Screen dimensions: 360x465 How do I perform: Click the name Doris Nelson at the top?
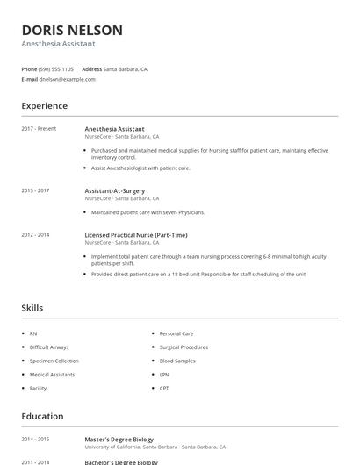[x=72, y=30]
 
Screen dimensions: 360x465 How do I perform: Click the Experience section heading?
[x=44, y=106]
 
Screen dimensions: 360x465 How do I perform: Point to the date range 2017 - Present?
[x=39, y=129]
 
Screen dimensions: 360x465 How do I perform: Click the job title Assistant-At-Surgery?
[x=115, y=190]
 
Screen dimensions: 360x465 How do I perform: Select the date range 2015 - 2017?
[x=35, y=190]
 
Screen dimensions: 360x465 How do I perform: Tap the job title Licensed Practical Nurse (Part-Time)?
[x=135, y=235]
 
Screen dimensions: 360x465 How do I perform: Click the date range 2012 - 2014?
[x=35, y=235]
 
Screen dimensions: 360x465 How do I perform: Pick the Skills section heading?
[x=32, y=308]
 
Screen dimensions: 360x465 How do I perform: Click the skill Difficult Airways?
[x=48, y=347]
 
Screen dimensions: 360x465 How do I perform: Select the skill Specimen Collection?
[x=54, y=361]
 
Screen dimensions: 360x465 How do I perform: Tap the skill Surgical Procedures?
[x=184, y=347]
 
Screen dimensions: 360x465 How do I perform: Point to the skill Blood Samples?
[x=177, y=361]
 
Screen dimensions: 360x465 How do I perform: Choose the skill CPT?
[x=164, y=387]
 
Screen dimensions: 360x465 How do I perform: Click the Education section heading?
[x=42, y=417]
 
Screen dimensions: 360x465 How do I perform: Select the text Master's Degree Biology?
[x=119, y=440]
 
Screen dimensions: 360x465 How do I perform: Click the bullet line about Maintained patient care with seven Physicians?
[x=148, y=212]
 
